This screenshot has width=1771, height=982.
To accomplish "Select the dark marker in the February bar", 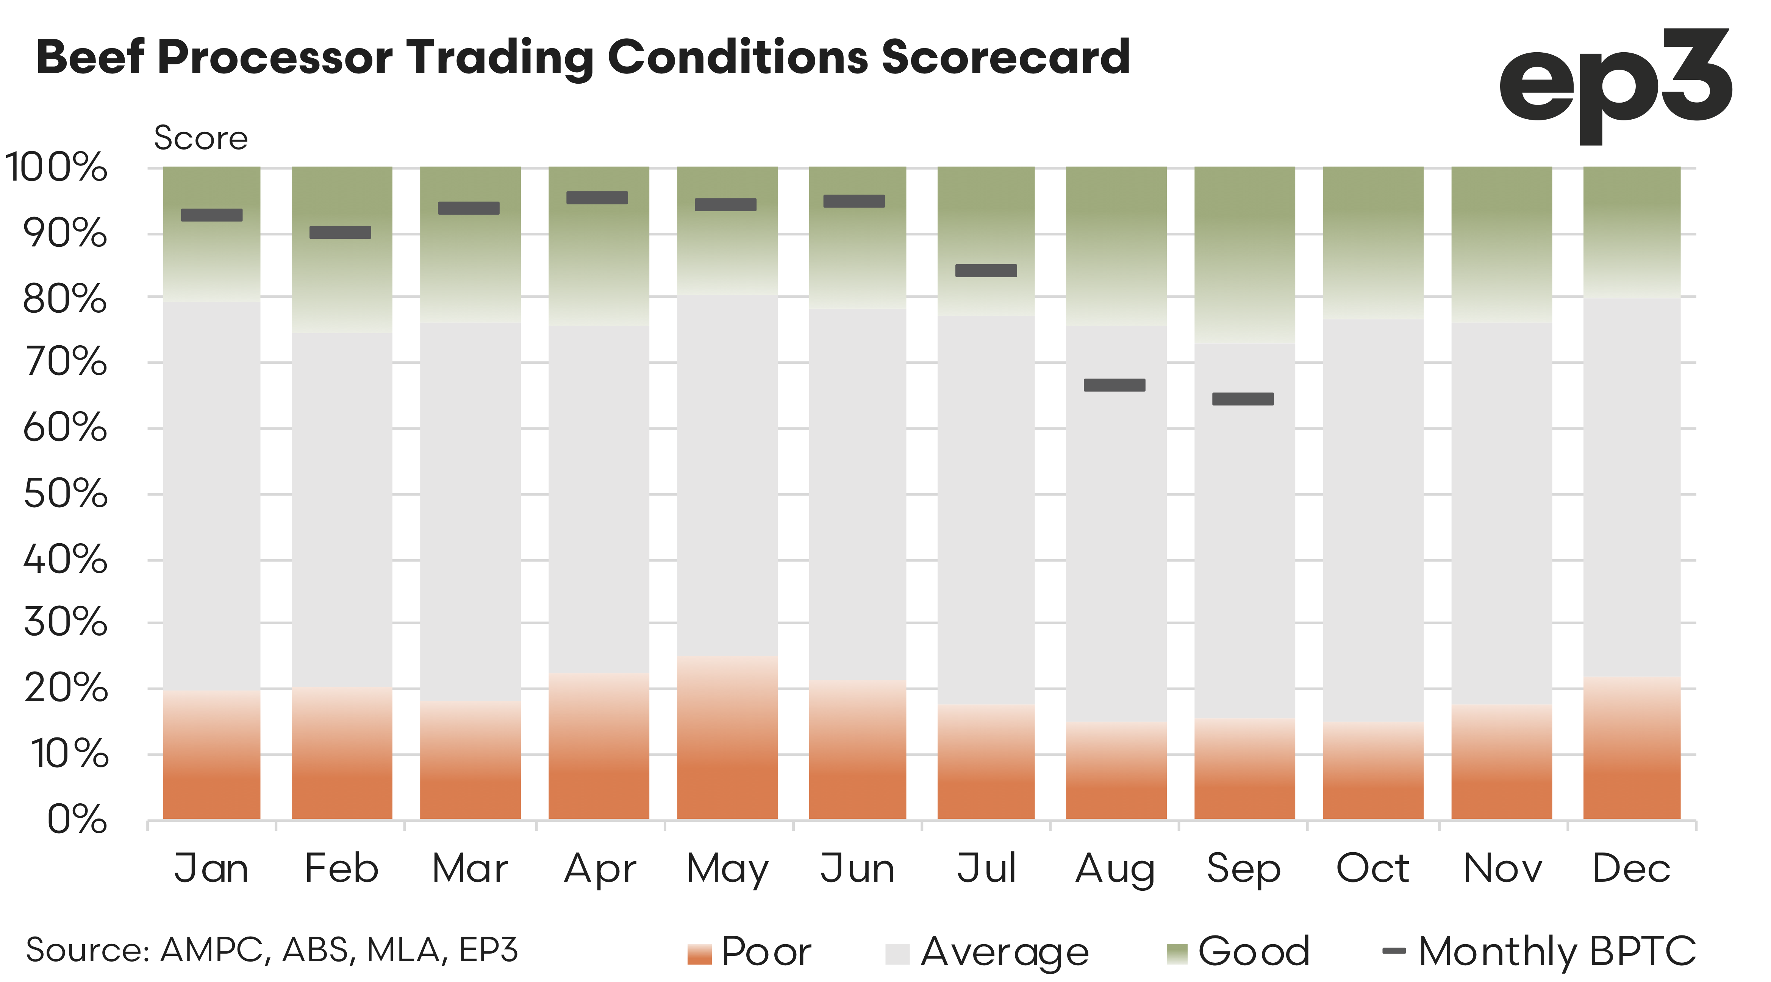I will pyautogui.click(x=340, y=232).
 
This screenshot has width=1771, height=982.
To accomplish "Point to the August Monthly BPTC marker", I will pyautogui.click(x=1114, y=385).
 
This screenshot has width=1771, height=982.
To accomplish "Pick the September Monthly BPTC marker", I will pyautogui.click(x=1243, y=399).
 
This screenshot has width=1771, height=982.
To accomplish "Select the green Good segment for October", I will pyautogui.click(x=1373, y=240).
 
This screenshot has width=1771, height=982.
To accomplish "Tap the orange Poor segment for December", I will pyautogui.click(x=1632, y=749).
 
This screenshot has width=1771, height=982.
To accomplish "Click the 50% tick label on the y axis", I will pyautogui.click(x=65, y=493).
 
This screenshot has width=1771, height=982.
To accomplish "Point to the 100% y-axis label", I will pyautogui.click(x=56, y=167).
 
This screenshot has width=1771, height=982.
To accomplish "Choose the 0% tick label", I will pyautogui.click(x=77, y=819).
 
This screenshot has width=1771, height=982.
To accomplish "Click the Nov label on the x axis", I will pyautogui.click(x=1502, y=868).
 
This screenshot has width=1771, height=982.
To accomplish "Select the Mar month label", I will pyautogui.click(x=470, y=868).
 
